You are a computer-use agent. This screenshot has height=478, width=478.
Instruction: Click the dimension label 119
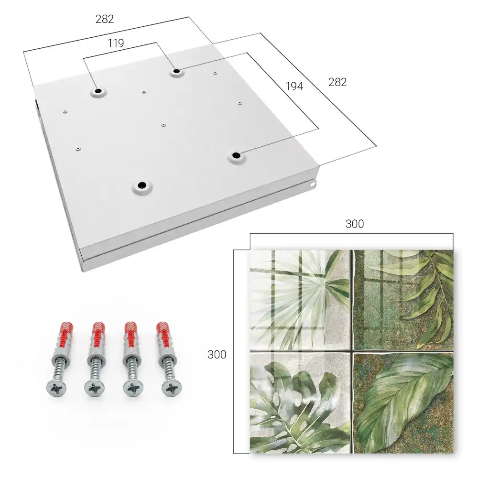pyautogui.click(x=116, y=43)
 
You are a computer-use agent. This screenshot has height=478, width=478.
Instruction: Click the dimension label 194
pyautogui.click(x=294, y=87)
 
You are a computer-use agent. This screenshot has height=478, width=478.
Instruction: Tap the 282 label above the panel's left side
pyautogui.click(x=105, y=19)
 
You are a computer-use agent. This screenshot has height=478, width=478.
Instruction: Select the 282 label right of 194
pyautogui.click(x=337, y=82)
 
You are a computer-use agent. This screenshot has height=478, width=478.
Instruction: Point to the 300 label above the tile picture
pyautogui.click(x=355, y=224)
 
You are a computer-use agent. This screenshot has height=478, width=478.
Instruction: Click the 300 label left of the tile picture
pyautogui.click(x=217, y=355)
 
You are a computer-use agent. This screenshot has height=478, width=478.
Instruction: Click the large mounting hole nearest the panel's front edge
pyautogui.click(x=142, y=185)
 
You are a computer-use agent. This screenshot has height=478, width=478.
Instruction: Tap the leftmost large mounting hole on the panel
pyautogui.click(x=98, y=91)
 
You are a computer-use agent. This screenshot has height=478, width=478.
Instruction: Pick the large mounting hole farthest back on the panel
pyautogui.click(x=176, y=71)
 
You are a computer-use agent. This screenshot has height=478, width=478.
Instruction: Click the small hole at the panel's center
pyautogui.click(x=163, y=125)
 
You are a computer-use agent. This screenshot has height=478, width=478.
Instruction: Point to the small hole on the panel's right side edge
pyautogui.click(x=312, y=184)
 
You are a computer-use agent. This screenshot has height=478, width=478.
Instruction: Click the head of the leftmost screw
pyautogui.click(x=56, y=388)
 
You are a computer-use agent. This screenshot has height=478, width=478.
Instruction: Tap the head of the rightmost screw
pyautogui.click(x=171, y=388)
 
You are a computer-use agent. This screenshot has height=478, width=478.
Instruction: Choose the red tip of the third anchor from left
pyautogui.click(x=132, y=330)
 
